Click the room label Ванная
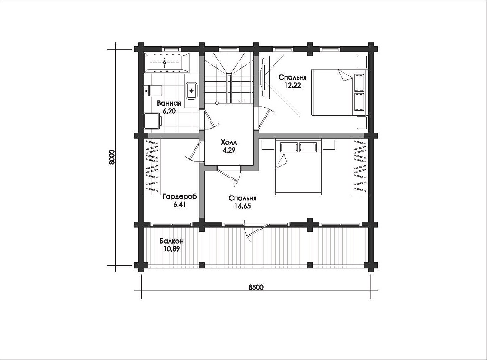click(169, 103)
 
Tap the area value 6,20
click(169, 111)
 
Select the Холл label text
click(229, 143)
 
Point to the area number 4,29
click(229, 150)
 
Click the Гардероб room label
click(180, 197)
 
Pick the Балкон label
click(172, 241)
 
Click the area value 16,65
click(243, 206)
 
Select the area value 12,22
click(292, 85)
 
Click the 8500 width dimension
click(256, 287)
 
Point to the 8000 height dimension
click(112, 157)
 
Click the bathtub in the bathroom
click(167, 63)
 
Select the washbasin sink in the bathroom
click(191, 90)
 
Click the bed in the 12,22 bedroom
click(340, 92)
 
